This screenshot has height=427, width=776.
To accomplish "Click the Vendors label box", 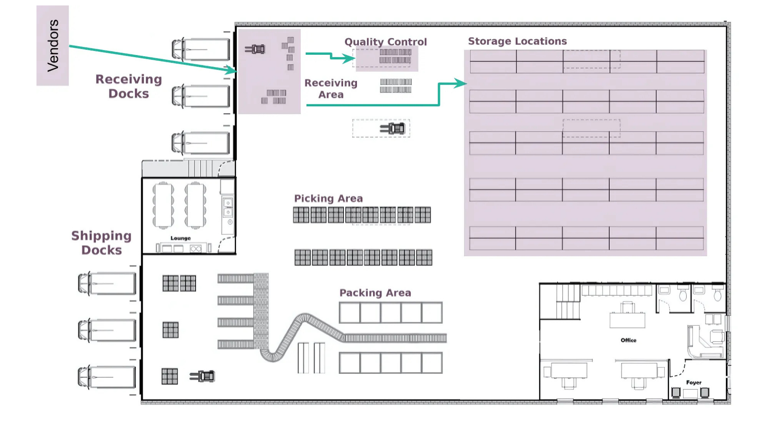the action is tap(53, 45).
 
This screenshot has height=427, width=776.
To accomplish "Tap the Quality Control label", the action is tap(386, 42).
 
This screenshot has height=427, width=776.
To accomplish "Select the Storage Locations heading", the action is tap(517, 41).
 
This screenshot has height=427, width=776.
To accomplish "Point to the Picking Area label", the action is tap(328, 198).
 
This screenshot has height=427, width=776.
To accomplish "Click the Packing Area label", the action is tap(375, 293).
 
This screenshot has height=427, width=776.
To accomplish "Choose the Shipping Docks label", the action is tap(101, 243).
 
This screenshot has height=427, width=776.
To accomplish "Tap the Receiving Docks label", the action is tap(128, 86).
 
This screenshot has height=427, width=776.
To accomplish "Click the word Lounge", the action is tap(180, 238).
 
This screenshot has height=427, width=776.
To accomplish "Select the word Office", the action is tap(629, 340).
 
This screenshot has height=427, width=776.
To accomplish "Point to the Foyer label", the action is tap(694, 382).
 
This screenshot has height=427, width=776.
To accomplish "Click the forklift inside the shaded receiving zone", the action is tap(255, 49).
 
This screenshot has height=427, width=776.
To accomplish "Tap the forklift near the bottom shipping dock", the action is tap(202, 376).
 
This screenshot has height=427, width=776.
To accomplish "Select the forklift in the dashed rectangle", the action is tap(393, 128).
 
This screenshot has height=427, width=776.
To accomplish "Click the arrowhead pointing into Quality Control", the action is tap(350, 59).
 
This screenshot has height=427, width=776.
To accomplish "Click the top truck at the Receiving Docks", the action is tap(201, 49).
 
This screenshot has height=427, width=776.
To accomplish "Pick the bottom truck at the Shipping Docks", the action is tap(107, 377).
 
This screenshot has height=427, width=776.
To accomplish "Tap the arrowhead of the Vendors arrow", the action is tap(231, 70).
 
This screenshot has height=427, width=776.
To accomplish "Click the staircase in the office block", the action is tap(568, 302).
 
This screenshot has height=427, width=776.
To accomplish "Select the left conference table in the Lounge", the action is tap(163, 205).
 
